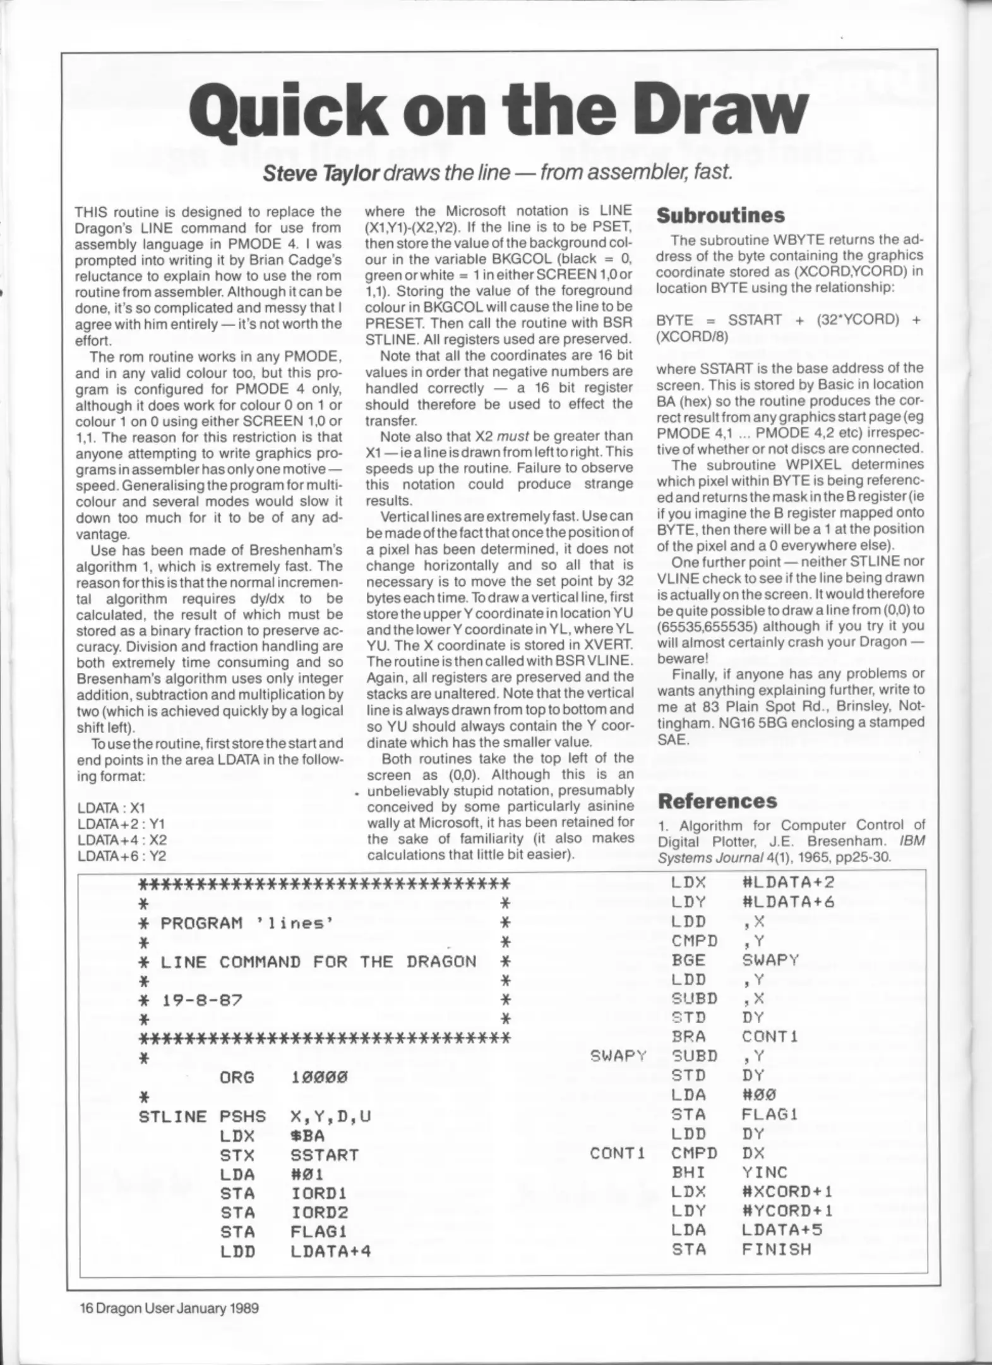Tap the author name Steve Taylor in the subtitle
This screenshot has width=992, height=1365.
(x=321, y=173)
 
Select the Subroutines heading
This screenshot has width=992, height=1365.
(x=720, y=215)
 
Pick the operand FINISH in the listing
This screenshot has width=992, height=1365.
(x=777, y=1249)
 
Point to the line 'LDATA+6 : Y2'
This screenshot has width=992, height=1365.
(x=121, y=856)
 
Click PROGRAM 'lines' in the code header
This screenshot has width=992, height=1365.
(x=247, y=923)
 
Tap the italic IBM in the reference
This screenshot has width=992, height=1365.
(x=912, y=841)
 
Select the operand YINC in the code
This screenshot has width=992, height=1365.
(x=765, y=1172)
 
